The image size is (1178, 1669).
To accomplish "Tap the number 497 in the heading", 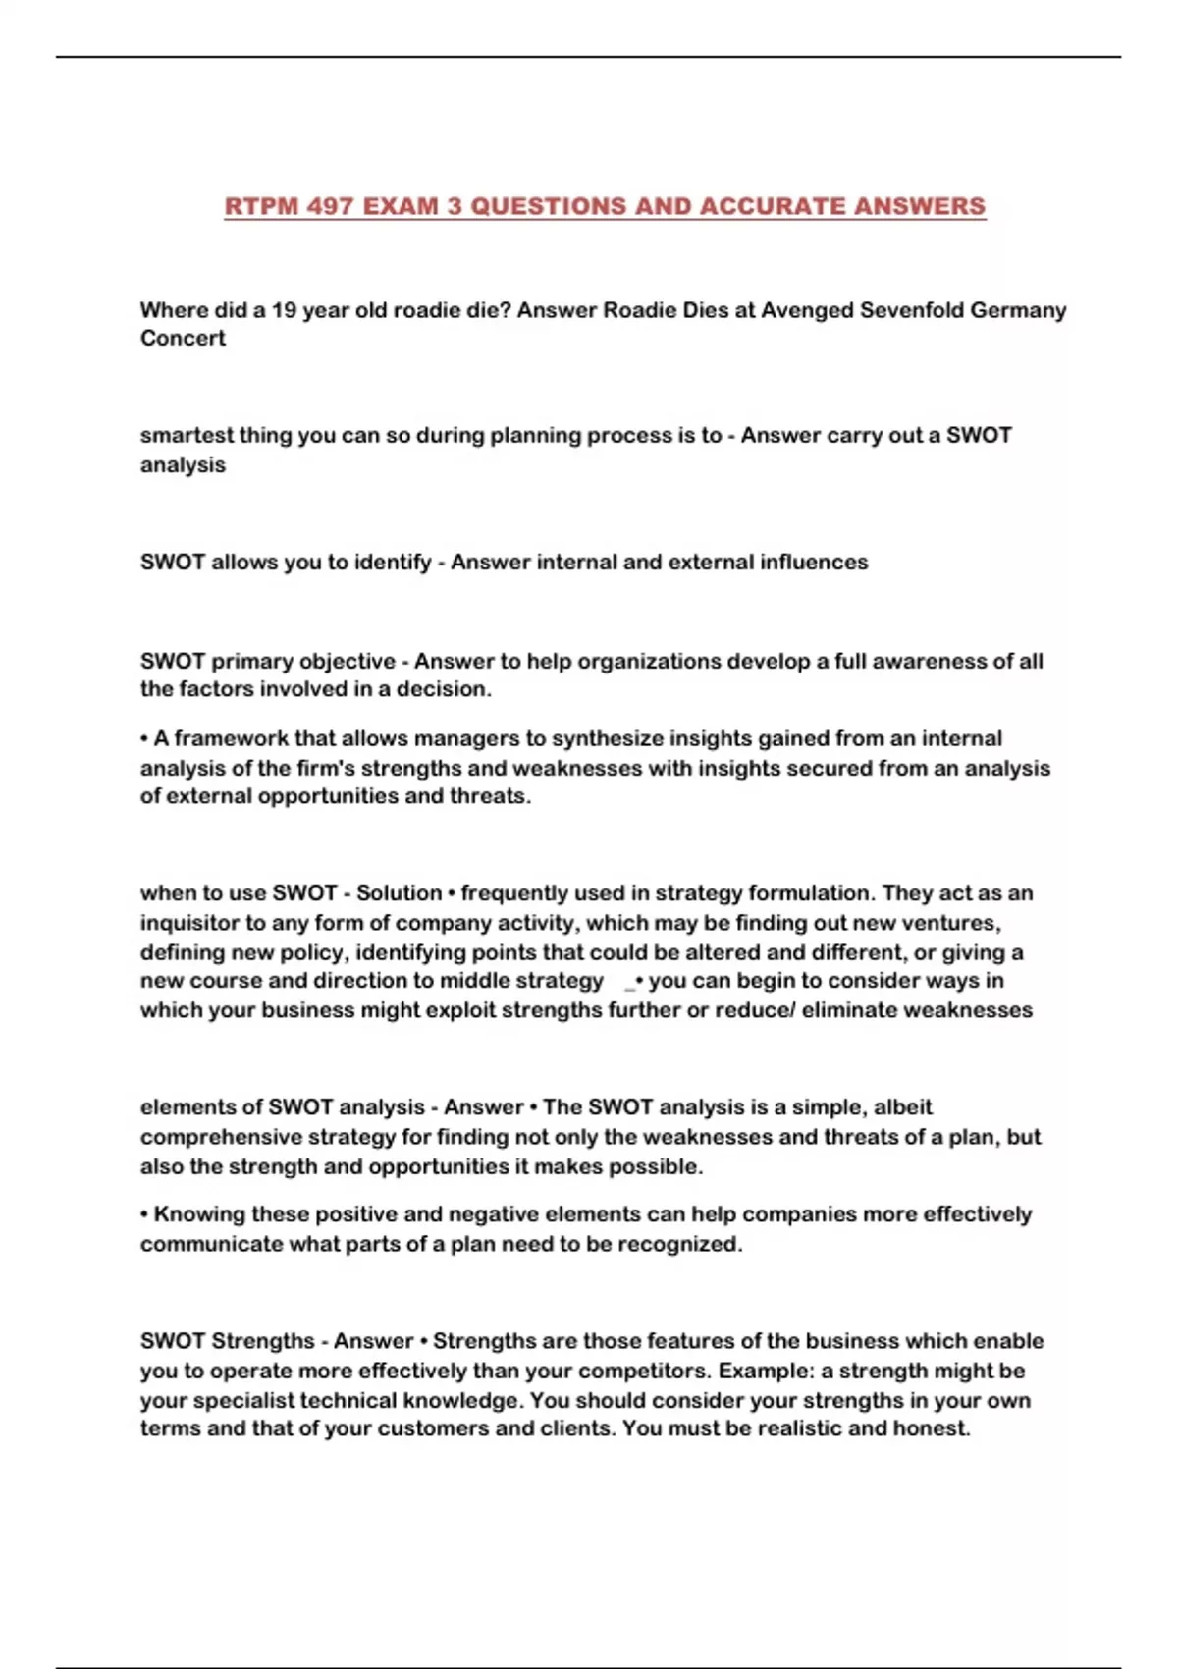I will pos(330,206).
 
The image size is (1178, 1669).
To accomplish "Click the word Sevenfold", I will pos(911,310).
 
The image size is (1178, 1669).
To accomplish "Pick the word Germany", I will pos(1018,310).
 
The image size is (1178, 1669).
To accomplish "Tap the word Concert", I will pos(183,338).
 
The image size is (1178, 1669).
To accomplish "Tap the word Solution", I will pos(399,893).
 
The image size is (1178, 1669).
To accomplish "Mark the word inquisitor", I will pos(189,923).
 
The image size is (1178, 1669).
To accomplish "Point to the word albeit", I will pos(900,1107).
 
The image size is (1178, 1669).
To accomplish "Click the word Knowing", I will pos(199,1214).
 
